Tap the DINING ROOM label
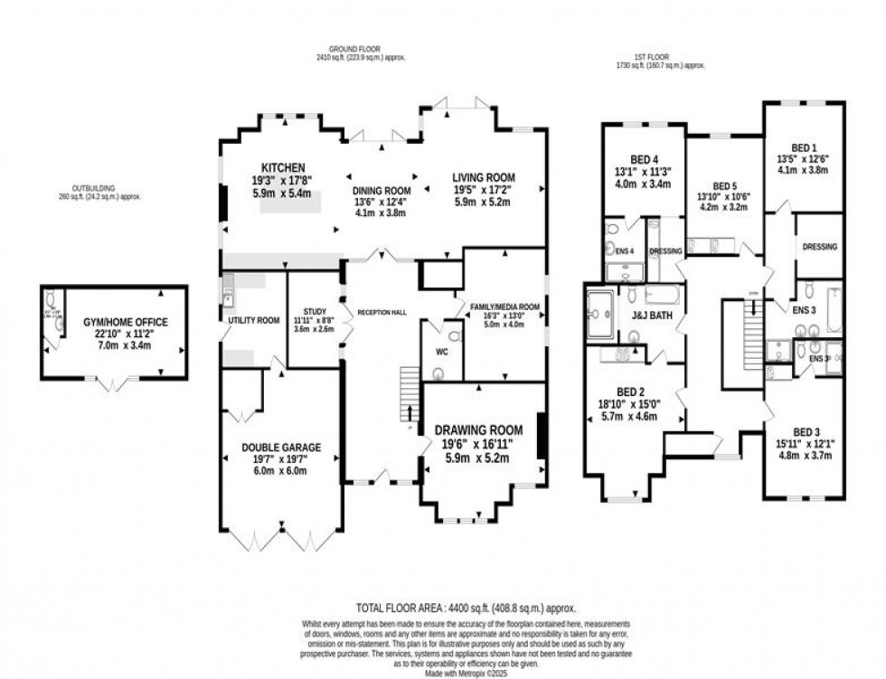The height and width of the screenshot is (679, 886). [x=382, y=191]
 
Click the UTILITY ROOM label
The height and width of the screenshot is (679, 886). [x=254, y=320]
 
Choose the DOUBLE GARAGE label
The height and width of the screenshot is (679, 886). [x=280, y=447]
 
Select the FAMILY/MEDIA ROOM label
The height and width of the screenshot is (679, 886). [x=504, y=306]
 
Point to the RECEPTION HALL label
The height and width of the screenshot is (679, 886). [x=381, y=312]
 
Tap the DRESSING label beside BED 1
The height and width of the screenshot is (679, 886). [x=819, y=246]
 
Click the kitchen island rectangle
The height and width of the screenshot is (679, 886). [x=290, y=202]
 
